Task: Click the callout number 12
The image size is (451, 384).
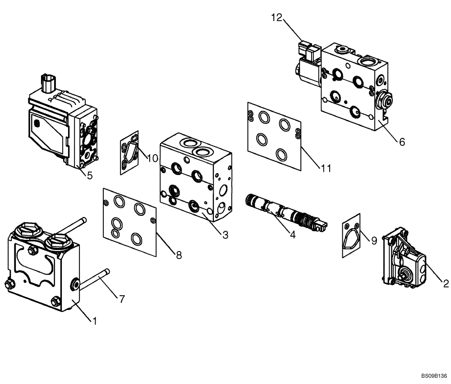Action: [276, 18]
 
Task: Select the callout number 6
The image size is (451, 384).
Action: [401, 142]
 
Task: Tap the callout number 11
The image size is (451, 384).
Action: [326, 168]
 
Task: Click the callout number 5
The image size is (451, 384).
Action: [89, 175]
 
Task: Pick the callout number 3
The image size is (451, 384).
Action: [225, 234]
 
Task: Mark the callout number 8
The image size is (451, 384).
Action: [179, 255]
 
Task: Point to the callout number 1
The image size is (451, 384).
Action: [95, 321]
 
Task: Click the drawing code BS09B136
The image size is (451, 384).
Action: [434, 375]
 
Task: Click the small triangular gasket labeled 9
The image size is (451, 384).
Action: [351, 235]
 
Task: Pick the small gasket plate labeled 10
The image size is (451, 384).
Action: [129, 152]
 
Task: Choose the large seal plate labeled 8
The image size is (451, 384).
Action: [129, 219]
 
